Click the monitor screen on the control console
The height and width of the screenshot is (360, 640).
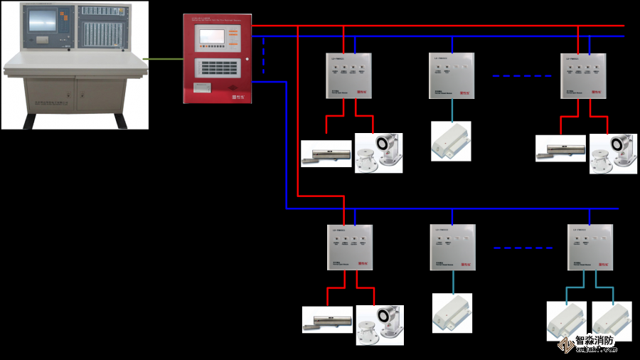pos(41,23)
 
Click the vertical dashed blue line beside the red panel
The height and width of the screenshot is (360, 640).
pos(264,55)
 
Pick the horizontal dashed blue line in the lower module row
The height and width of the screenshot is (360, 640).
pos(523,248)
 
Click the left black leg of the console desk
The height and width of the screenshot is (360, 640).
pos(30,120)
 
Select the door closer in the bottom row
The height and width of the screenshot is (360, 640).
pos(327,319)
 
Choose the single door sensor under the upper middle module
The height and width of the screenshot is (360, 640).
pos(451,140)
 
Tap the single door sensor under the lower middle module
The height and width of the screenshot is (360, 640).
pos(452,313)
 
